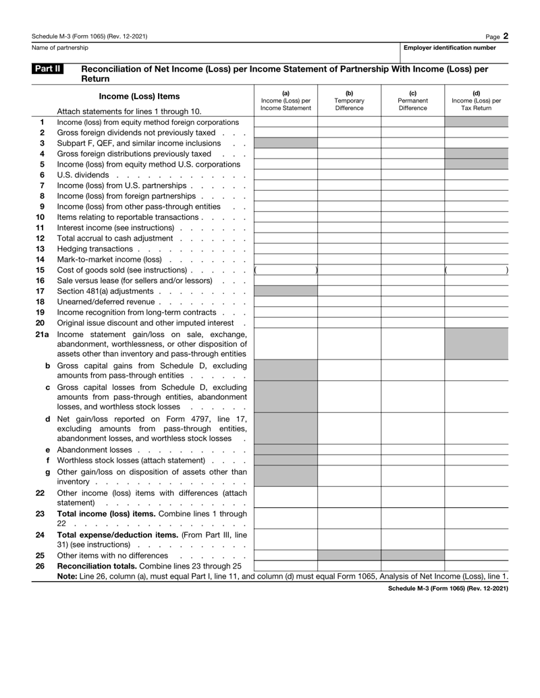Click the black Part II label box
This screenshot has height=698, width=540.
47,69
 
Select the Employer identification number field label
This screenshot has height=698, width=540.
450,48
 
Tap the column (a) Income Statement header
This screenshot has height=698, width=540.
286,100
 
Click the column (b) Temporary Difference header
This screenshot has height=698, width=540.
349,100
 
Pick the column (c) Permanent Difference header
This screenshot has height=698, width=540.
412,100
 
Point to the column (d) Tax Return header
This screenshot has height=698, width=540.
477,100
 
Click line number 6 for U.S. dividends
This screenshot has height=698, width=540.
41,175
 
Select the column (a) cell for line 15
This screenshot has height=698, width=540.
286,270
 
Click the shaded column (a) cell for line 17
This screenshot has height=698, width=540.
286,291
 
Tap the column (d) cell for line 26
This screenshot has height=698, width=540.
477,565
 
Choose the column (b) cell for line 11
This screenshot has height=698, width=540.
349,227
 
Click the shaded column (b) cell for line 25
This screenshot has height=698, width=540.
349,555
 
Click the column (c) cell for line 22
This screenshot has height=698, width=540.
412,498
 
